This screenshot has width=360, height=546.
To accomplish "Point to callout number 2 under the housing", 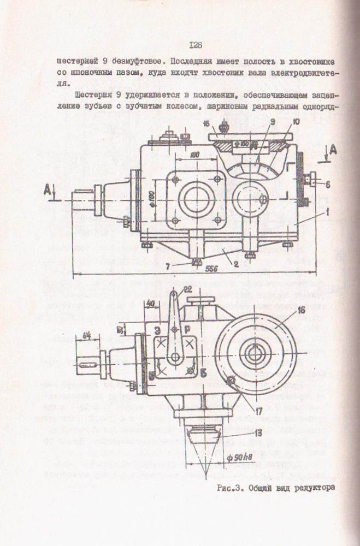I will tap(235, 264).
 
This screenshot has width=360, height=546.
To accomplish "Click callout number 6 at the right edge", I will tap(327, 185).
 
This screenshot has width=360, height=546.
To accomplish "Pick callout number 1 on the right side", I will tap(327, 216).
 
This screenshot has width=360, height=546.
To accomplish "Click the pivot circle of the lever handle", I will tap(175, 357).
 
